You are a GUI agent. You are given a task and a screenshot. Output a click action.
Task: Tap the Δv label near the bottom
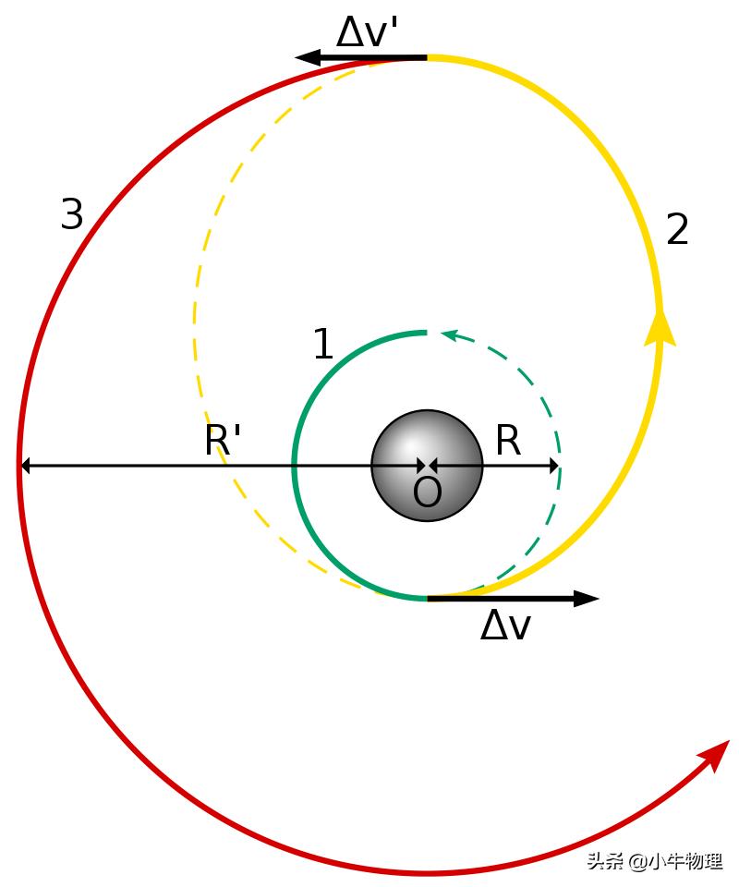coord(505,626)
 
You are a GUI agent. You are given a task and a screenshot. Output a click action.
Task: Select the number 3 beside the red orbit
coord(71,215)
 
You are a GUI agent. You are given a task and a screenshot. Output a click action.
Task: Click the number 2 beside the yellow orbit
coord(677,230)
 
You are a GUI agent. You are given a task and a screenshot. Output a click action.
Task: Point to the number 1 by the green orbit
coord(322,346)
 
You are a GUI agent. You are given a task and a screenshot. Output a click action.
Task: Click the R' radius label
coord(223,442)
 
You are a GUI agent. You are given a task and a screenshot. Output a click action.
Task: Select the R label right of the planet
coord(508,442)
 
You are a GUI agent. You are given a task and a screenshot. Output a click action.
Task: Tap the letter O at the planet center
coord(427,493)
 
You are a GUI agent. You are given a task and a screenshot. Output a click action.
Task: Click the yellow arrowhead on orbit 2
coord(660,328)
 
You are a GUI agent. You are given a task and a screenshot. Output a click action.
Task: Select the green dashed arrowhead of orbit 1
coord(450,334)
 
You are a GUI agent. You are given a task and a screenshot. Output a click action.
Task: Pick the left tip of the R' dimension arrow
coord(23,466)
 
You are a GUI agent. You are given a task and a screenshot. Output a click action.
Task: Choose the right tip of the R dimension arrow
coord(557,466)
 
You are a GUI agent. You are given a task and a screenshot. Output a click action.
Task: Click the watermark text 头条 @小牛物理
coord(654,861)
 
